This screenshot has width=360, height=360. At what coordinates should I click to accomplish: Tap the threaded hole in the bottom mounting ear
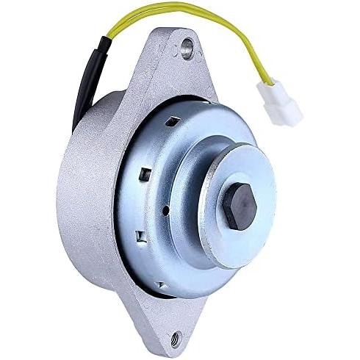coord(176,339)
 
